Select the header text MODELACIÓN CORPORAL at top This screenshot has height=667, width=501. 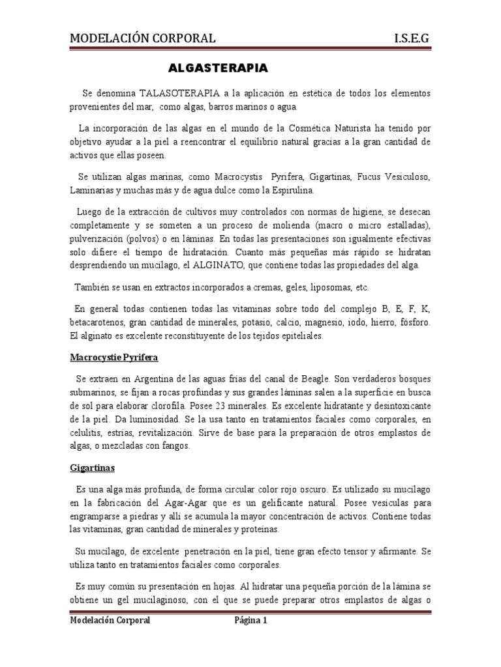[142, 38]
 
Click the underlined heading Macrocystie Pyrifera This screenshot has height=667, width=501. [114, 358]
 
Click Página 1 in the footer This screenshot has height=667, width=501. [251, 621]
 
